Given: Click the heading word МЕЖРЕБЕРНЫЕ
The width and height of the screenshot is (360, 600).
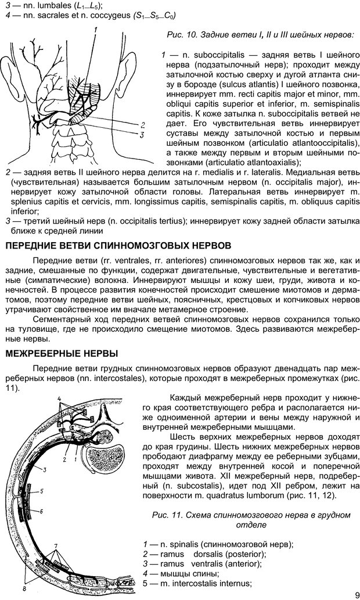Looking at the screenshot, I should coord(44,353).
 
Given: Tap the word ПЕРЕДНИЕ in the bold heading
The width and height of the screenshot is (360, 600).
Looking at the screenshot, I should coord(29,246).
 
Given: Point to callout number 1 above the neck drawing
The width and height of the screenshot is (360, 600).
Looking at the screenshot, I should coord(94,30).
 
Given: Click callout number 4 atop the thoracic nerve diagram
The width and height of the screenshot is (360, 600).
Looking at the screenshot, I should coord(59,399).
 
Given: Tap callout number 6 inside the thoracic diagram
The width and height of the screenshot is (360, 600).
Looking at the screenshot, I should coord(42,511).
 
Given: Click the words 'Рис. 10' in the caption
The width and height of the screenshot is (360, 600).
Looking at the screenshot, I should coord(180,36).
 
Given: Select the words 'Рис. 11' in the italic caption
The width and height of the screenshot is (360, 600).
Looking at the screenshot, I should coord(165,515).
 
